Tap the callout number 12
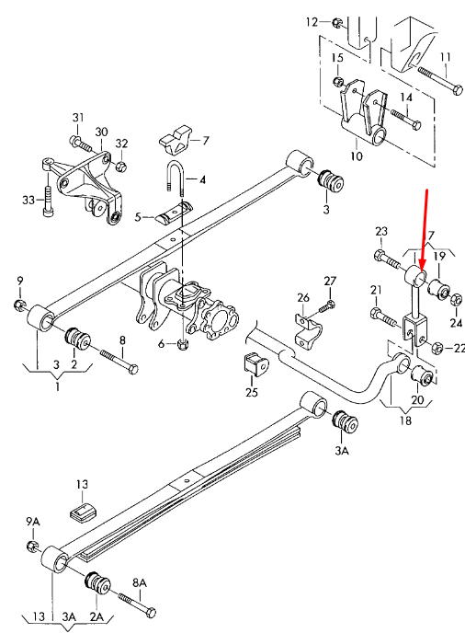[x=312, y=21]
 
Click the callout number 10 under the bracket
[x=356, y=156]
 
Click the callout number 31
[x=78, y=116]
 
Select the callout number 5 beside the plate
[x=138, y=218]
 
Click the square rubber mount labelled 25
[x=255, y=366]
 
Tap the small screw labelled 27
[x=328, y=305]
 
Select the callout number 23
[x=382, y=231]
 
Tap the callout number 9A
[x=33, y=523]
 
